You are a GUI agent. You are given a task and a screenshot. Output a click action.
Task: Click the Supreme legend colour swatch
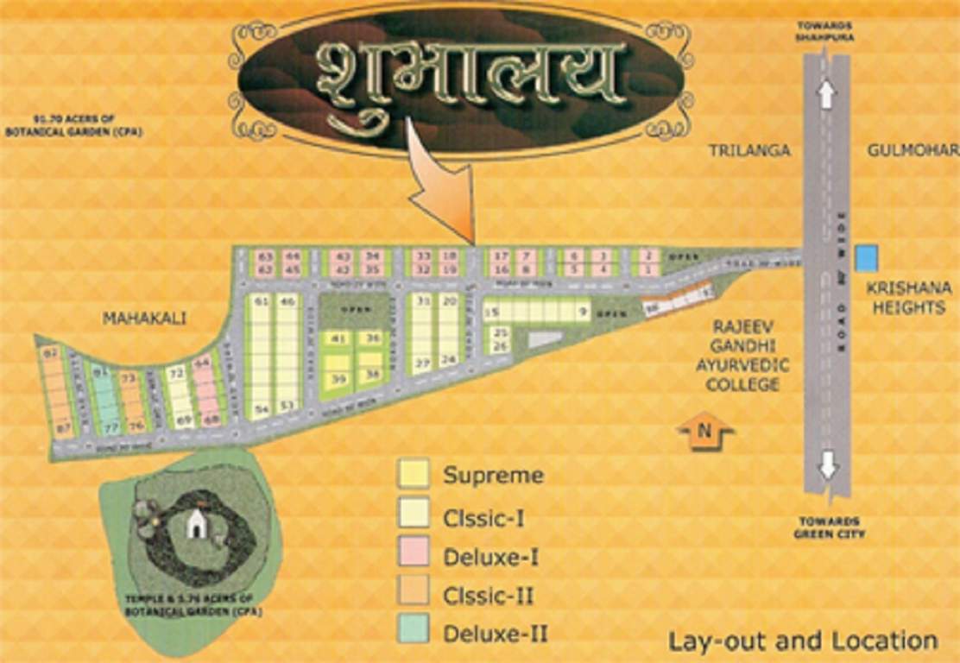[x=414, y=474]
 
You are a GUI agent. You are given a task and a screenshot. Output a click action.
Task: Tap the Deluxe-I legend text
[x=490, y=557]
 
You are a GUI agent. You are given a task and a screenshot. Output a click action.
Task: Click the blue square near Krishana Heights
[x=866, y=257]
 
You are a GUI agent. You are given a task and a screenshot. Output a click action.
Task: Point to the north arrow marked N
[x=705, y=433]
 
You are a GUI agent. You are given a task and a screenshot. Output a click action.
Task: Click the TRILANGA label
[x=749, y=150]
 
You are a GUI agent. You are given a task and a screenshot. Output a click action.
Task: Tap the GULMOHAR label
[x=913, y=150]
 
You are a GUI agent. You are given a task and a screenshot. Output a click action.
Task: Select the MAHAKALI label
[x=144, y=318]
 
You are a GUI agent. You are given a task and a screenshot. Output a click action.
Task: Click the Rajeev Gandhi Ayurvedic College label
[x=742, y=356]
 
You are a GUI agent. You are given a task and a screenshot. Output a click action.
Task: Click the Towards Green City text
[x=828, y=527]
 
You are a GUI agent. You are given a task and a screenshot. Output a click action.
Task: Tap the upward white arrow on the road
[x=826, y=92]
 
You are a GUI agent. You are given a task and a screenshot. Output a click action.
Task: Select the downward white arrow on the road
[x=828, y=465]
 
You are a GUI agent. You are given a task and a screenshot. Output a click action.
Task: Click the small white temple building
[x=198, y=522]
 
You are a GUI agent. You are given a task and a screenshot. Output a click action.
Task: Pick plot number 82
[x=50, y=352]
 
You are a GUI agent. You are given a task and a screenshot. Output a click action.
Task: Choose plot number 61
[x=260, y=301]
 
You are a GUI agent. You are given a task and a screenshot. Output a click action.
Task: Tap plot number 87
[x=62, y=427]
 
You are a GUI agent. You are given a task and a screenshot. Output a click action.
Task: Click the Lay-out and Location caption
[x=803, y=641]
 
